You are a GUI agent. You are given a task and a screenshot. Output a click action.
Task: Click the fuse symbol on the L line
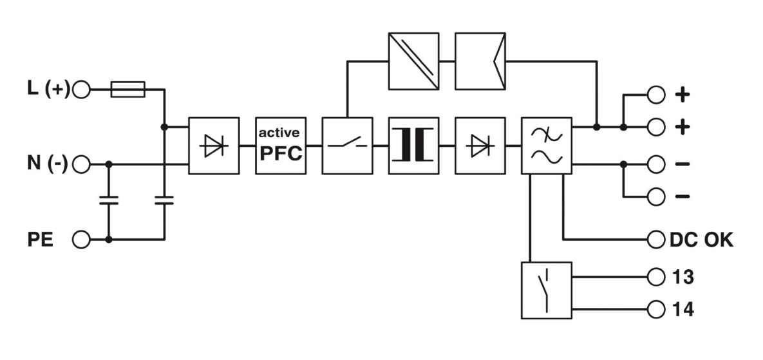tap(127, 90)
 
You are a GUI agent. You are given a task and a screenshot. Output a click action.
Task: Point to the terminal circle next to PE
tap(81, 240)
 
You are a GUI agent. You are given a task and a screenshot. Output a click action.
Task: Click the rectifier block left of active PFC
tap(214, 146)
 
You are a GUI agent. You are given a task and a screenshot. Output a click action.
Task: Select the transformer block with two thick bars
tap(413, 146)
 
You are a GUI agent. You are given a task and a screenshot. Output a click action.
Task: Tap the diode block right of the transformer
tap(480, 146)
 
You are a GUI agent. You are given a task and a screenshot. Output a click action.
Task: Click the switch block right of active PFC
tap(347, 146)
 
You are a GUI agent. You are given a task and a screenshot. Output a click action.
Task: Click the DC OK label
tap(701, 240)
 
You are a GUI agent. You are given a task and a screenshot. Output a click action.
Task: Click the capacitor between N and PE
tap(109, 202)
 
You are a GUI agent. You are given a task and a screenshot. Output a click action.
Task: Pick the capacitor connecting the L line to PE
tap(164, 202)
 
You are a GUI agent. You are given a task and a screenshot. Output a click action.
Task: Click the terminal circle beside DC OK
tap(655, 240)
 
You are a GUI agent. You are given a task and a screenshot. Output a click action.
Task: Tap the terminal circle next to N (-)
tap(81, 165)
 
